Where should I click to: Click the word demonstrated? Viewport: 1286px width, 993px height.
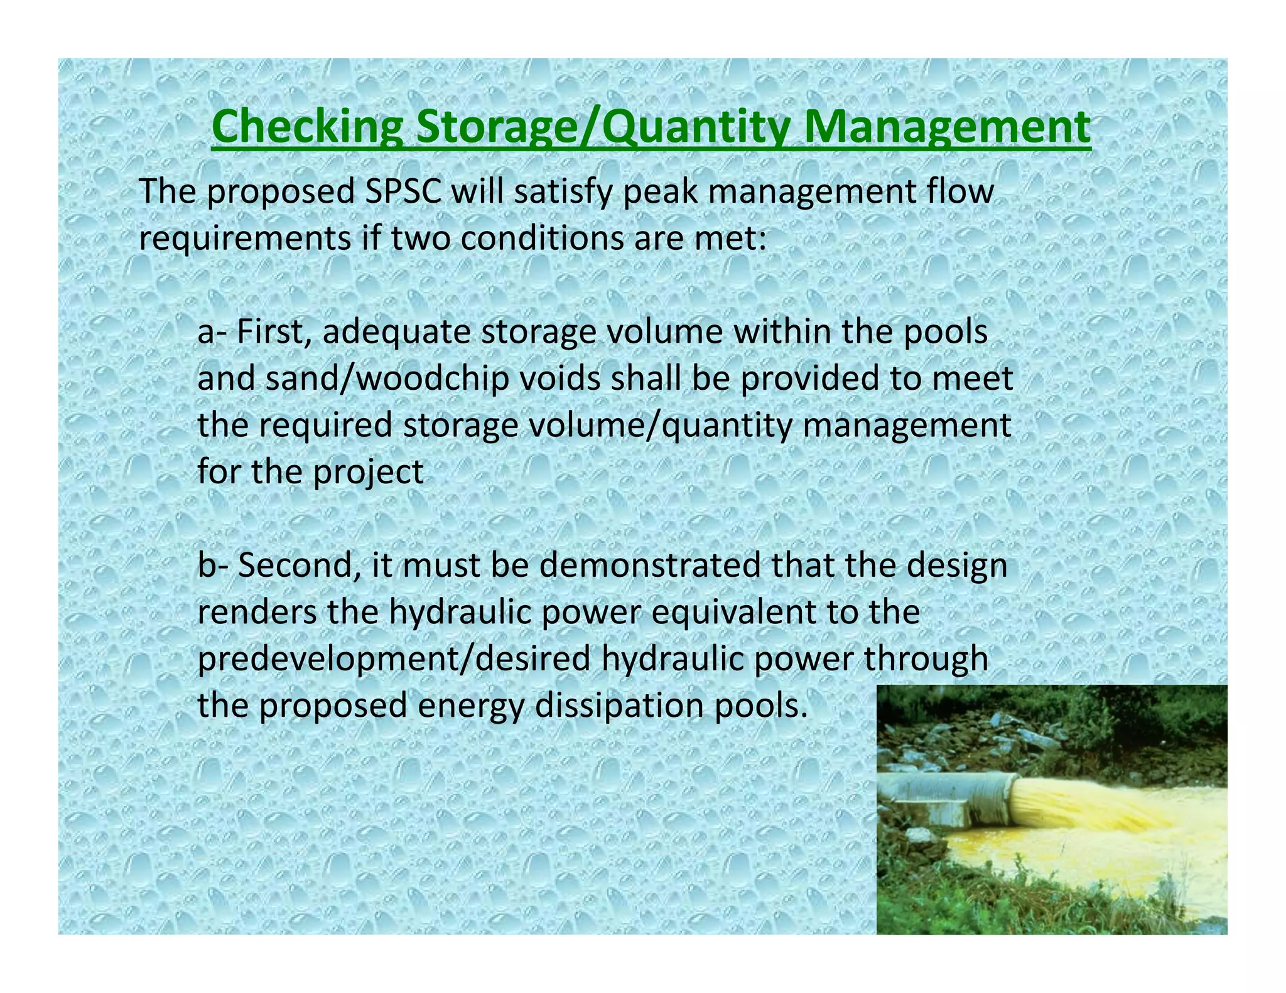point(650,564)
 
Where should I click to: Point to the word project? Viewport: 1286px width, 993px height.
point(369,472)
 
